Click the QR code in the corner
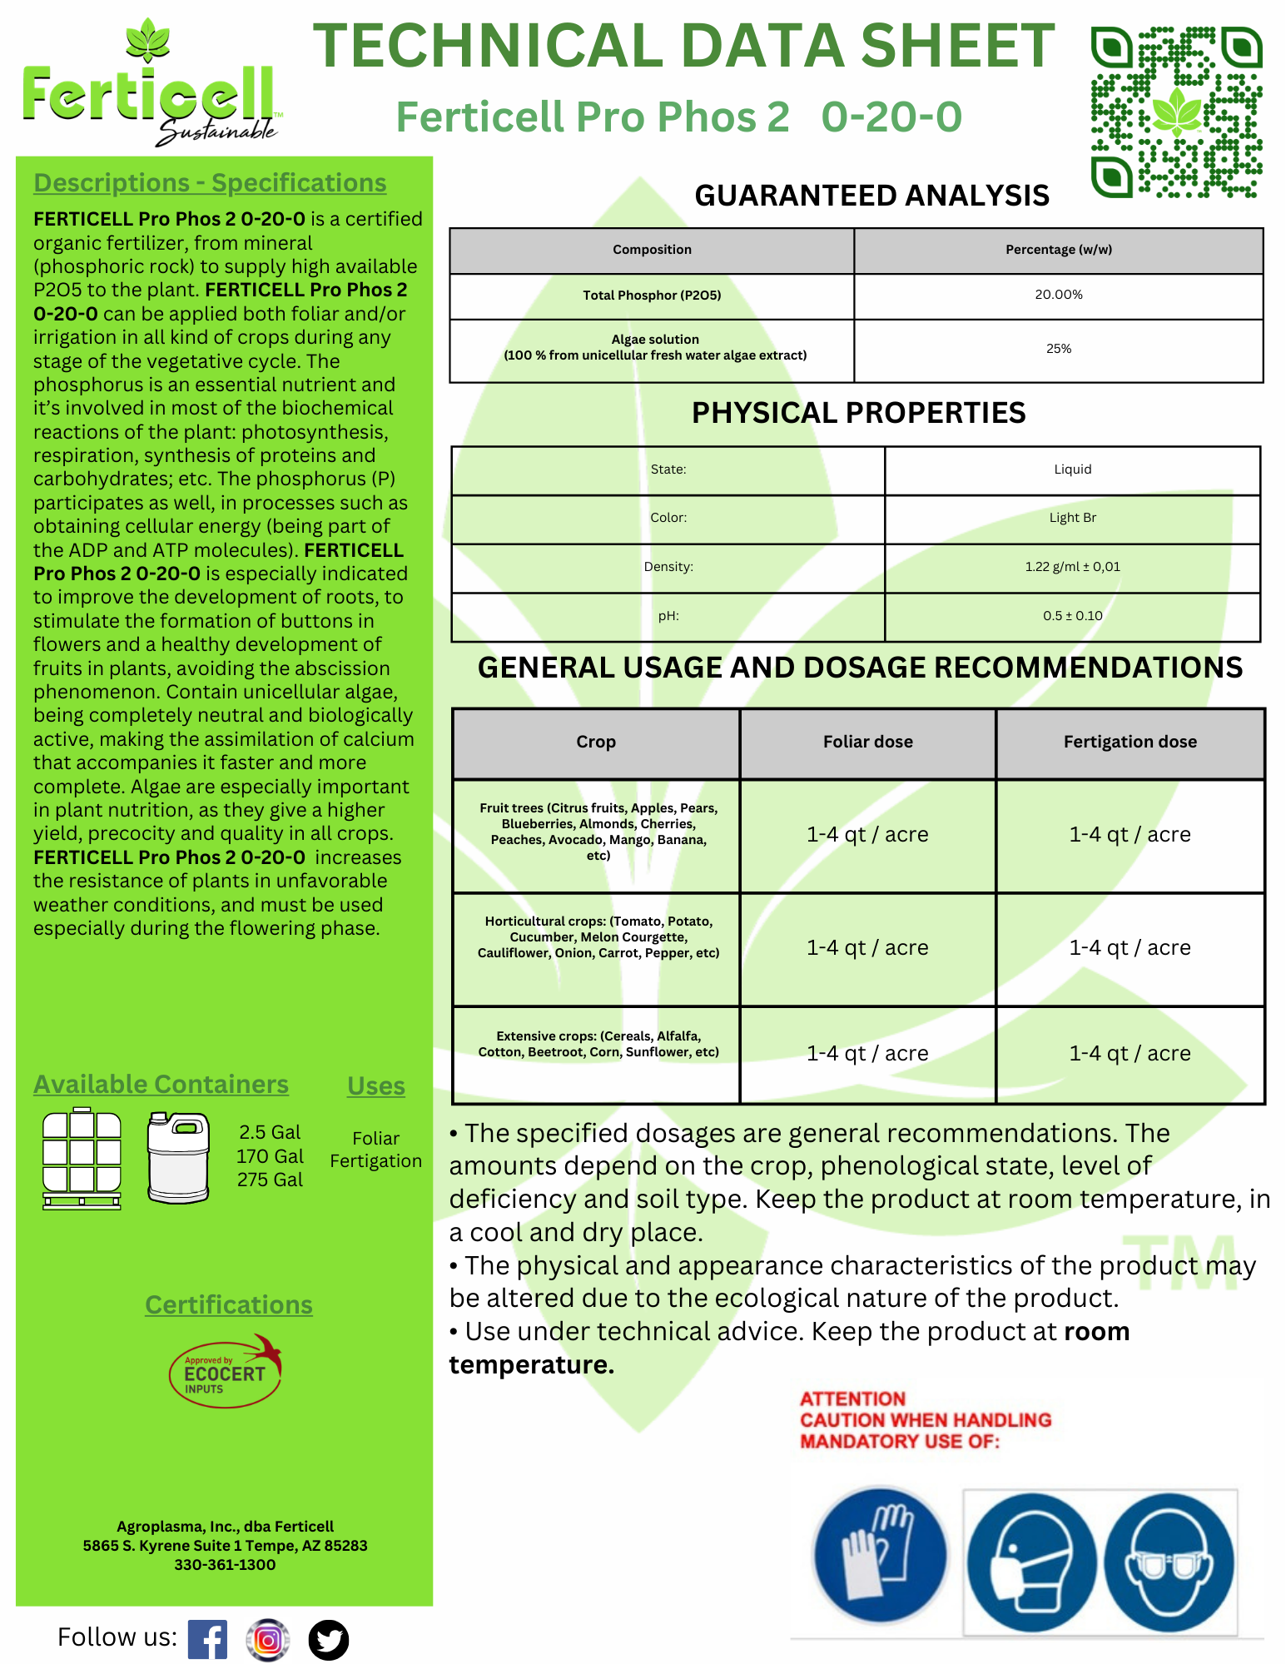tap(1176, 112)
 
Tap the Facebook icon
tap(207, 1639)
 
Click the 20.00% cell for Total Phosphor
tap(1058, 295)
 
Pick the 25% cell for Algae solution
tap(1058, 349)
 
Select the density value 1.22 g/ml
tap(1072, 567)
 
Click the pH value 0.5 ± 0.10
tap(1072, 616)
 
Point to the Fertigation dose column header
tap(1130, 742)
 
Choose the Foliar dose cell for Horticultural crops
tap(867, 947)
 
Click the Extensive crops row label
tap(598, 1044)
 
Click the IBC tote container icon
tap(82, 1158)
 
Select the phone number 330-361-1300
tap(225, 1565)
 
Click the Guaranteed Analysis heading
tap(871, 196)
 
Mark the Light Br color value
tap(1072, 518)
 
